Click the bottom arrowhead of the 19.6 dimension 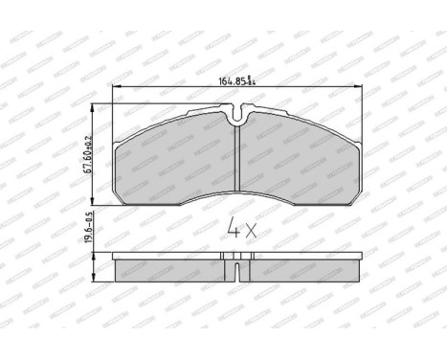click(94, 281)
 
